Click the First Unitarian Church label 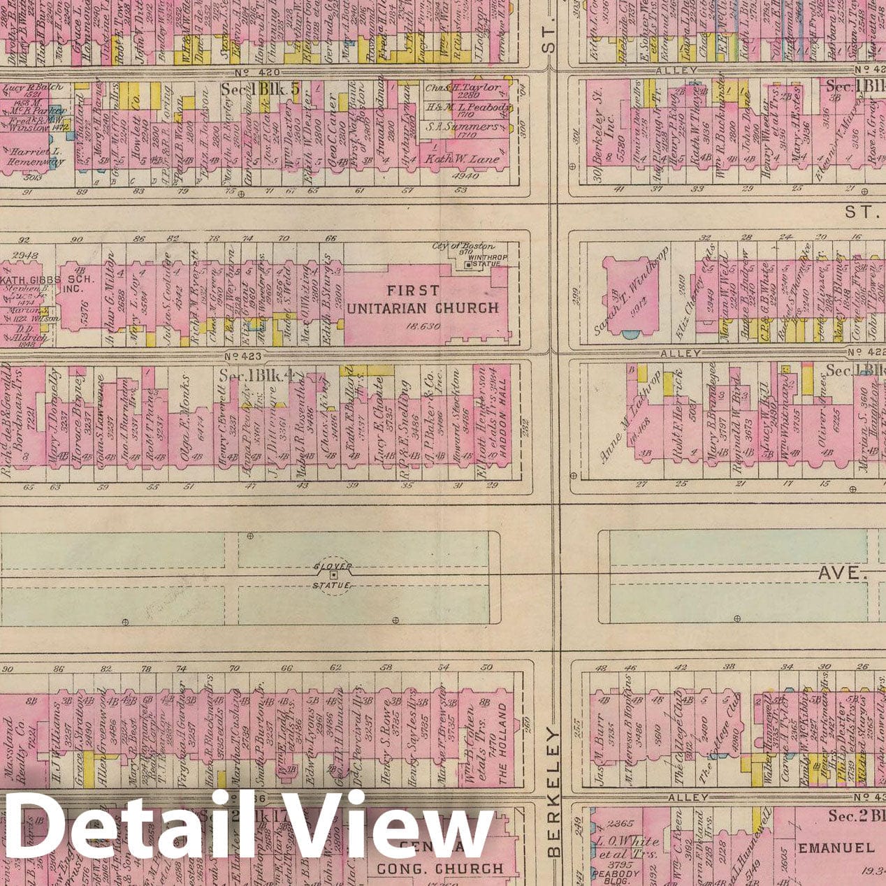coord(423,299)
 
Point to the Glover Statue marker coord(333,575)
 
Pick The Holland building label coord(502,739)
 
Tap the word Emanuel coord(836,848)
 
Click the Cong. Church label coord(440,869)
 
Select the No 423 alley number coord(238,355)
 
